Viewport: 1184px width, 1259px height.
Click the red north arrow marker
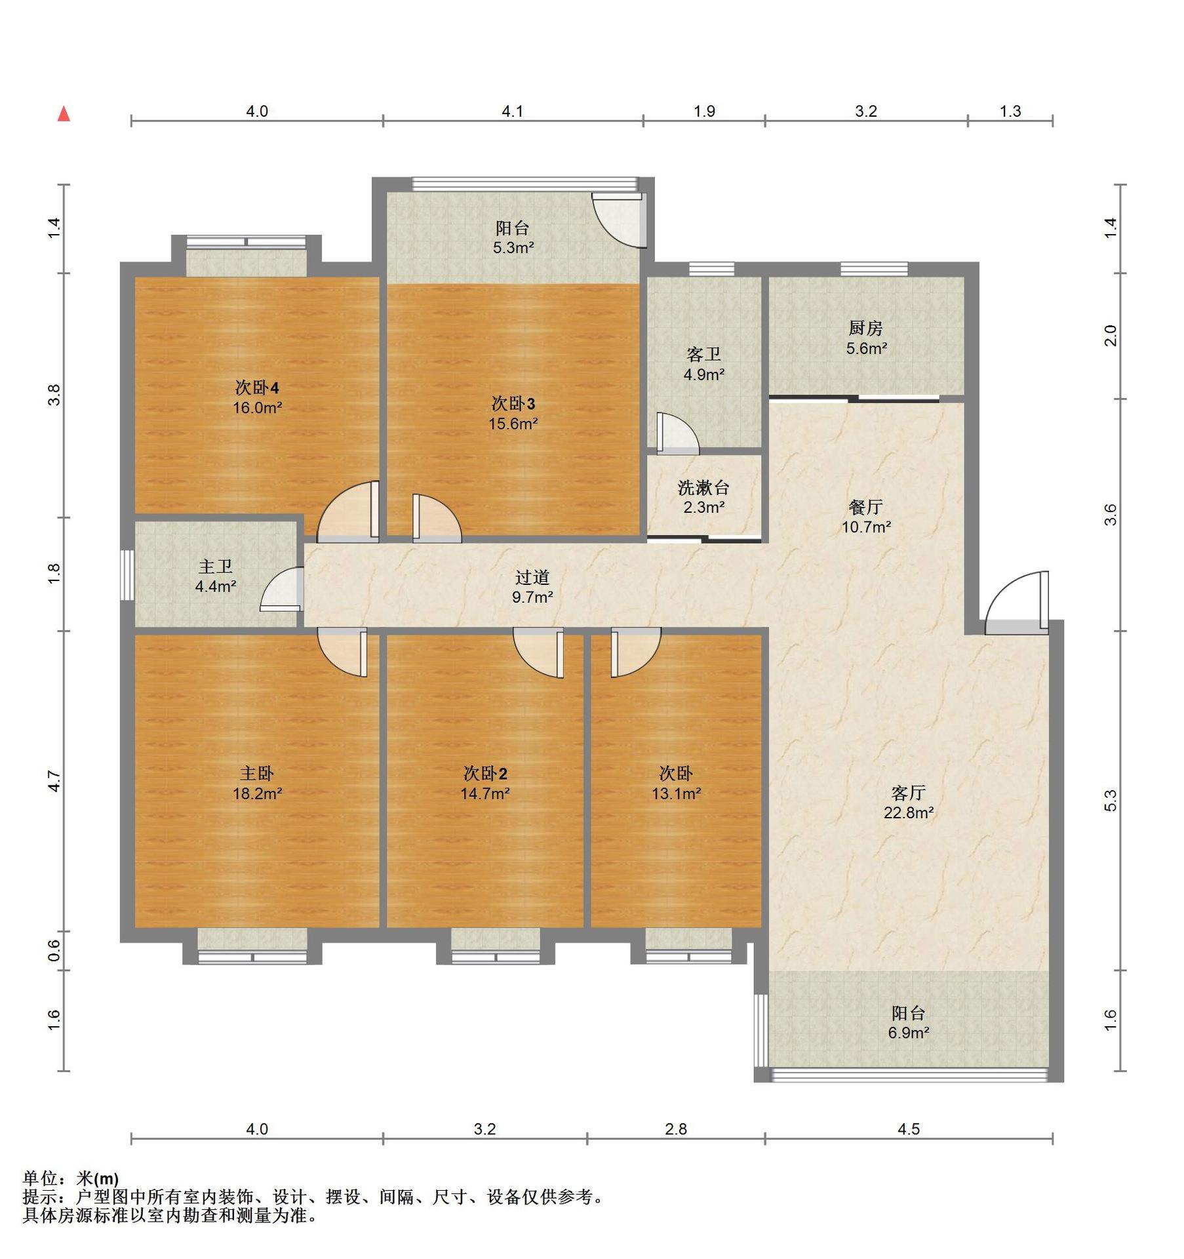[x=64, y=114]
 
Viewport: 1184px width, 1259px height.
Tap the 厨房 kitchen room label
[x=865, y=328]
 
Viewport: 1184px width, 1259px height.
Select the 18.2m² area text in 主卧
[x=257, y=794]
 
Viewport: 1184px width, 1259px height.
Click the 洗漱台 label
[x=703, y=487]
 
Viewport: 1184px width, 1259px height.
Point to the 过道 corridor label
[x=532, y=577]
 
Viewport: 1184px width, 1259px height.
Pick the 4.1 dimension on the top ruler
[x=513, y=111]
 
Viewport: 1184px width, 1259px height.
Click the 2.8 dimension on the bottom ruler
[x=676, y=1129]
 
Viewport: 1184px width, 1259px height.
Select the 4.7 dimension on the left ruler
[x=54, y=781]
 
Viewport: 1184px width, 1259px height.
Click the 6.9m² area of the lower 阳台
[x=909, y=1033]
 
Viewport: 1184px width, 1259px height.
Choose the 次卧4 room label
[x=257, y=388]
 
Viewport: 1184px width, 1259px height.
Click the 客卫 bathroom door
[x=678, y=433]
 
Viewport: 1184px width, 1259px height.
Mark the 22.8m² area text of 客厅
[x=909, y=813]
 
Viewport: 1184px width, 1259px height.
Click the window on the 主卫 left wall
[x=128, y=575]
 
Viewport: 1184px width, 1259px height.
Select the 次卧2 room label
[x=485, y=774]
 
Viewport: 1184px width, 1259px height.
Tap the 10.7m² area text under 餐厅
[x=866, y=527]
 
